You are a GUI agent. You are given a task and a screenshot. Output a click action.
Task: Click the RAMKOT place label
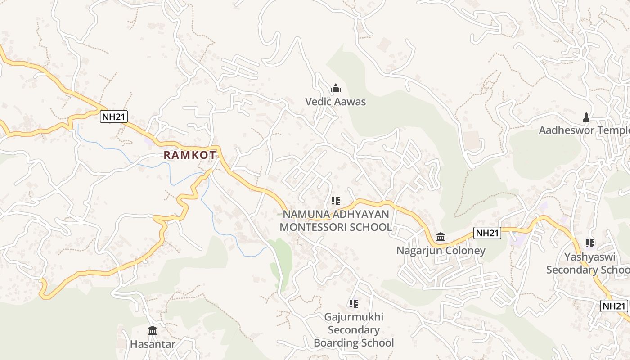[190, 155]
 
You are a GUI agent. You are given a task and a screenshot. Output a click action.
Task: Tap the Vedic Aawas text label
[335, 102]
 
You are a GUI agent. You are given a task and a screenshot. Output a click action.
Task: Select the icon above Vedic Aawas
[336, 89]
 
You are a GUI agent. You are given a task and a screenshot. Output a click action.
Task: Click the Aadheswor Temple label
[585, 130]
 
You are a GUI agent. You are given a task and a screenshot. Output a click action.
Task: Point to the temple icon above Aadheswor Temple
[586, 117]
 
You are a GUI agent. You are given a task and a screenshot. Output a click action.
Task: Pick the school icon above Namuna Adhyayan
[336, 201]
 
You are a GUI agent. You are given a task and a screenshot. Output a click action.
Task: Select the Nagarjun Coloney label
[441, 250]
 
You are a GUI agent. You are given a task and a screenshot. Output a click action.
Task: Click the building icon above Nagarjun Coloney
[441, 237]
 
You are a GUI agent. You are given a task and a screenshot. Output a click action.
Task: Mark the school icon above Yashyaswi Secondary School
[590, 243]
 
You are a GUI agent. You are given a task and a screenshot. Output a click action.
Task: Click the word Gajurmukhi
[354, 317]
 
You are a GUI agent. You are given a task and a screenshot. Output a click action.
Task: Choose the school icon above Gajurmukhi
[354, 304]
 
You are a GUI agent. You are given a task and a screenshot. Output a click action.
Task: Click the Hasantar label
[153, 344]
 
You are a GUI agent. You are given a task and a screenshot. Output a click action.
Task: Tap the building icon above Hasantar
[153, 331]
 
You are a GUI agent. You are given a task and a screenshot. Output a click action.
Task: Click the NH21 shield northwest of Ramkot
[114, 117]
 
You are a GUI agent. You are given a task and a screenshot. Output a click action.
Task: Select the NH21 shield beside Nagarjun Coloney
[487, 233]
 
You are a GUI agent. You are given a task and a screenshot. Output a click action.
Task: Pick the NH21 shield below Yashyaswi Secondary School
[614, 306]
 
